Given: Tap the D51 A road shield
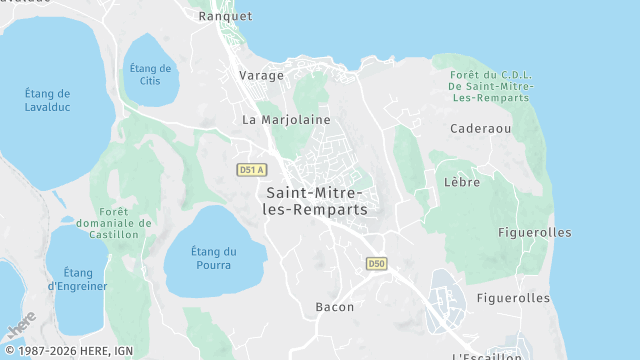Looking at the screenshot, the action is [251, 170].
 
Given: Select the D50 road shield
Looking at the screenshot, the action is [376, 264].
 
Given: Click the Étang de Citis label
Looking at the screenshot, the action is [151, 74].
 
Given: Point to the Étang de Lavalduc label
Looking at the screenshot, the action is [48, 100].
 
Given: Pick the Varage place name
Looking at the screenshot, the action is [262, 75].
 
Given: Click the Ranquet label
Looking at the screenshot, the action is [226, 16].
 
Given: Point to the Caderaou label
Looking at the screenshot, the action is [481, 129].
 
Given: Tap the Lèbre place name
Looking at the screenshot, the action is [461, 182].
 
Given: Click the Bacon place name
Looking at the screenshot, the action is [334, 307].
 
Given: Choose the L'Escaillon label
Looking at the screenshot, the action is [487, 355].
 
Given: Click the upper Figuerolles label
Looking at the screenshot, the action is [535, 232].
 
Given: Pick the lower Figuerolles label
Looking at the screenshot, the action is [514, 298].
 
